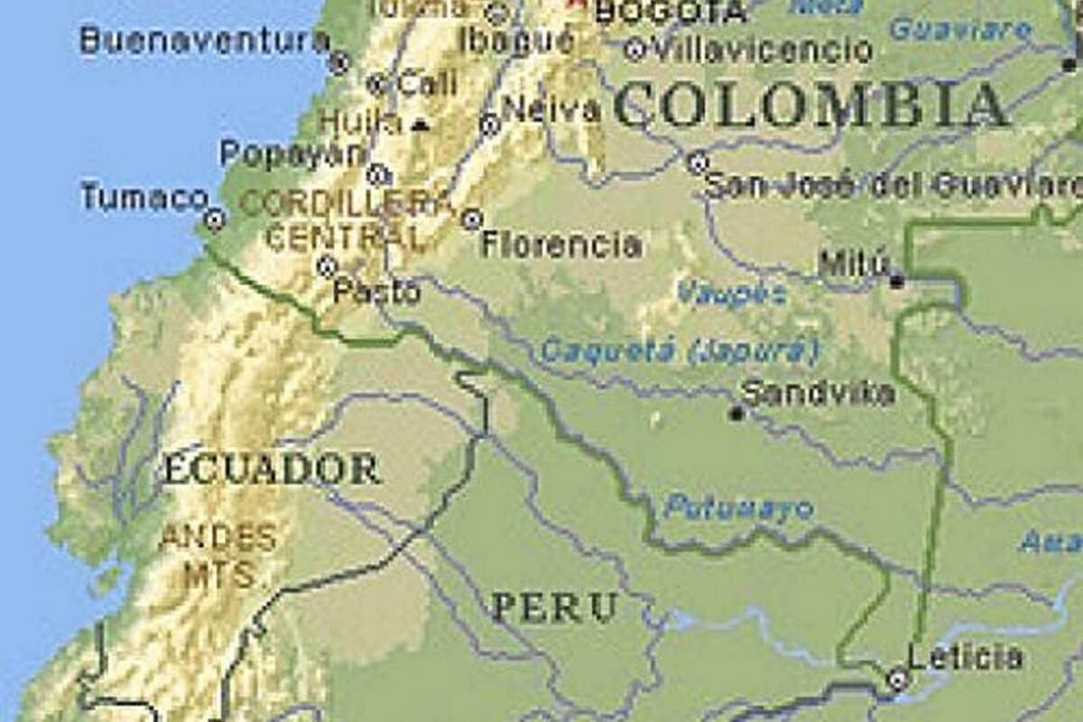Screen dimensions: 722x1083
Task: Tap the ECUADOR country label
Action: [x=271, y=470]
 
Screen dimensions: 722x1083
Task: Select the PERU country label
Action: [x=554, y=606]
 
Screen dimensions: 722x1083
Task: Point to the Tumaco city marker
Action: [x=214, y=218]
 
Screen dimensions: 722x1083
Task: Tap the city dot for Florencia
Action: [x=470, y=218]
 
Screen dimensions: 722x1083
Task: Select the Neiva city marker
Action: [x=490, y=125]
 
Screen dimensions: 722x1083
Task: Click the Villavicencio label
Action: [x=763, y=50]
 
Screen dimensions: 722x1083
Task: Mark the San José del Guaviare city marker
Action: [x=697, y=163]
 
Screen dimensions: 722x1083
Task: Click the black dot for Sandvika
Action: [x=736, y=413]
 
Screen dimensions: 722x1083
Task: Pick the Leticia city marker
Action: [x=897, y=679]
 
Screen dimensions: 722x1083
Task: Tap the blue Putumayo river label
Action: [x=738, y=509]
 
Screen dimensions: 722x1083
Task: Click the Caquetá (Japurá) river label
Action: [x=680, y=351]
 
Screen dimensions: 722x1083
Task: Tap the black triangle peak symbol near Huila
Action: [x=419, y=125]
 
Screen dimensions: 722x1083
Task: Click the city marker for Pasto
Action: [x=327, y=265]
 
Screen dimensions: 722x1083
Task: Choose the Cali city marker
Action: [x=377, y=85]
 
